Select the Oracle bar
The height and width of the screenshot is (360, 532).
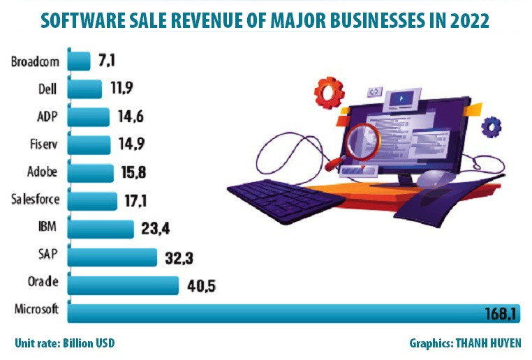[x=123, y=285]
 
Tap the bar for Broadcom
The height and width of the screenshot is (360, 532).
[x=79, y=62]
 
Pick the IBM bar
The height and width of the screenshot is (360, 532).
[x=101, y=229]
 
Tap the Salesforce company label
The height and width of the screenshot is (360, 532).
[x=36, y=201]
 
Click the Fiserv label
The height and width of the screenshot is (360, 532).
[x=43, y=145]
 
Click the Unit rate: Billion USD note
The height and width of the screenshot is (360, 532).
[x=64, y=343]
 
